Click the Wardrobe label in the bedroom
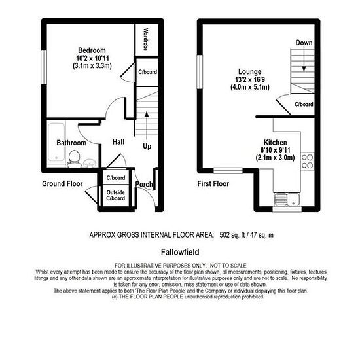pos(145,39)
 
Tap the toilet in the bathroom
pos(74,158)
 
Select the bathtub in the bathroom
pos(56,142)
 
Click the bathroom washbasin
pos(90,163)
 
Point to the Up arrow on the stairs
pos(147,126)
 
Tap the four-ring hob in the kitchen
pos(307,161)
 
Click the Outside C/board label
pos(115,196)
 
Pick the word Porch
pos(144,184)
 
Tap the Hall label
pos(118,141)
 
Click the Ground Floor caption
pos(62,184)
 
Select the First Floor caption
pos(213,184)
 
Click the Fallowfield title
pos(180,252)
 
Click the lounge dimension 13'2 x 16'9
pos(250,79)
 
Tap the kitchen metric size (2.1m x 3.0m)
pos(275,158)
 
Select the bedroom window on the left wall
pos(44,67)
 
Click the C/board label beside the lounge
pos(304,104)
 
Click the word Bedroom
pos(92,50)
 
